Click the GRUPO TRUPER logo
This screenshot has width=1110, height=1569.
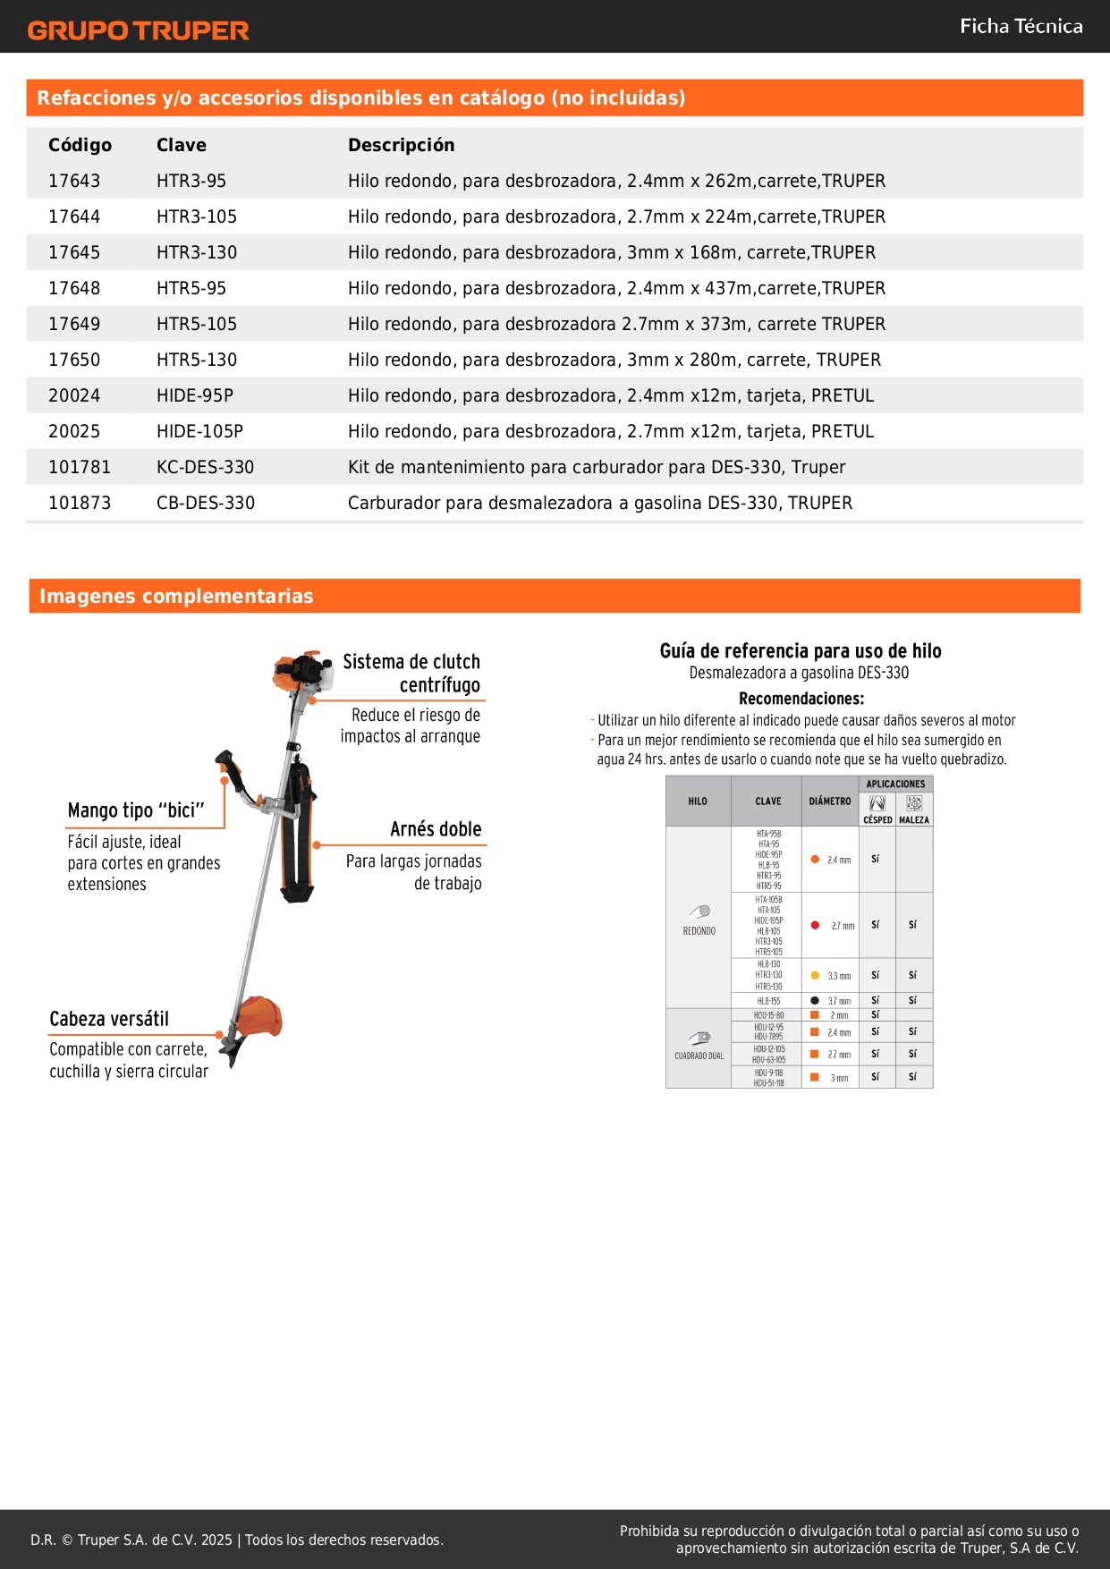pos(138,30)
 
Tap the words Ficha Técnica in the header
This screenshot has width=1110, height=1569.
pos(1021,26)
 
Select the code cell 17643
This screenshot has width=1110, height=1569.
pos(74,181)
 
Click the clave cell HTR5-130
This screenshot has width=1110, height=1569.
pos(197,360)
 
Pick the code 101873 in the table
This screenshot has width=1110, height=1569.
pos(80,503)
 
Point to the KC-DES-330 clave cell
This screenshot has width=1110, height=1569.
pos(205,467)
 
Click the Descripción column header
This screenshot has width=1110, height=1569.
pos(401,145)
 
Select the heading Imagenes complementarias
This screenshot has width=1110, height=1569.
pos(176,596)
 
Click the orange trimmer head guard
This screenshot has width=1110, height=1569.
pos(259,1017)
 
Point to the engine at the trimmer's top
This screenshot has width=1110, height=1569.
pos(301,672)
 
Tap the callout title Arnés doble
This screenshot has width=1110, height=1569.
pos(436,829)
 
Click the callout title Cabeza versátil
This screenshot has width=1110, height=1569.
pos(109,1019)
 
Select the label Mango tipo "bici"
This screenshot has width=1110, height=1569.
pos(136,810)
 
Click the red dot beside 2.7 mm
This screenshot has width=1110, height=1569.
pos(815,925)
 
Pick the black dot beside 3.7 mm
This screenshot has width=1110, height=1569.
pos(815,1000)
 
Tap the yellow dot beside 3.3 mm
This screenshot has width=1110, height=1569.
pos(815,975)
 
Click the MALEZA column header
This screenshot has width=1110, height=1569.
pos(913,819)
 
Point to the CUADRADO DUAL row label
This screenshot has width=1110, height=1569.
pos(699,1056)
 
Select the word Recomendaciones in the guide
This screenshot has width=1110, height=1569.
pos(801,699)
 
